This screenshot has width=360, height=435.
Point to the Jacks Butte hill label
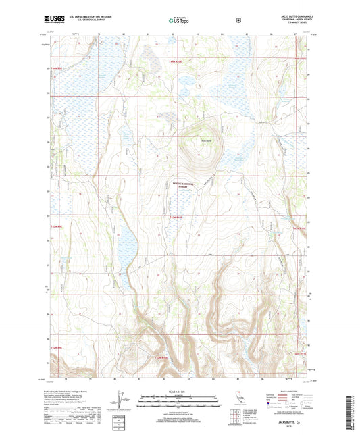[x=196, y=140]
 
